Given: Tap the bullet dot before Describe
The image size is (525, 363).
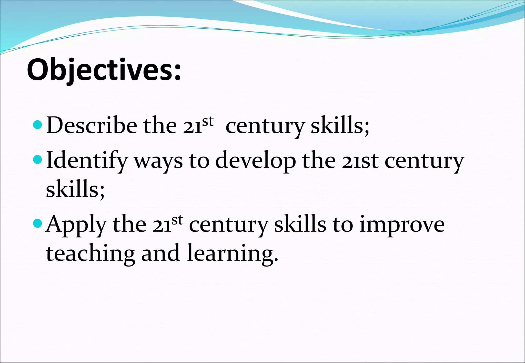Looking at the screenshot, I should (x=37, y=125).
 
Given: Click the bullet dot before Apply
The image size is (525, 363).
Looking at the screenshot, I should (x=37, y=224).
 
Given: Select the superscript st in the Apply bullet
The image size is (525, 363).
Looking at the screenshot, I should (x=177, y=220).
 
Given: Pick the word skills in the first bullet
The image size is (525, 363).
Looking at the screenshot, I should (x=340, y=125).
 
